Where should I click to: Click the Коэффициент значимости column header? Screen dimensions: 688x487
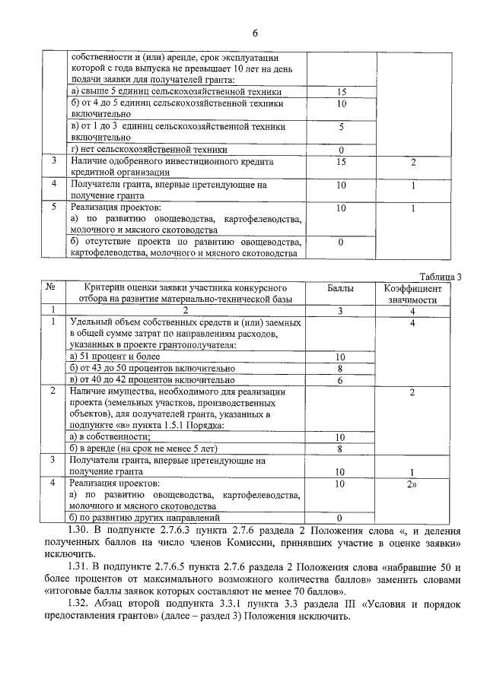point(412,294)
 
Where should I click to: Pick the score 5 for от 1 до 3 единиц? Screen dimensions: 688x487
point(342,127)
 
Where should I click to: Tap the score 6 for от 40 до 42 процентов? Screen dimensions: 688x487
point(340,380)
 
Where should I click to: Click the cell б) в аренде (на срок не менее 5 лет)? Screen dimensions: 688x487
point(138,449)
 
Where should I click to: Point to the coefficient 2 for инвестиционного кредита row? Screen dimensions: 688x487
point(412,162)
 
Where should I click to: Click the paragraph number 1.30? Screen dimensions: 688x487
point(79,531)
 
